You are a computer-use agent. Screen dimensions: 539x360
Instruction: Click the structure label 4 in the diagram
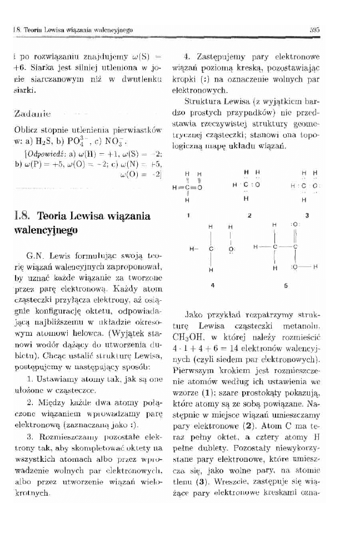211,285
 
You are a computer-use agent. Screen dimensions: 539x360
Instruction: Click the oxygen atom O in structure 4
230,249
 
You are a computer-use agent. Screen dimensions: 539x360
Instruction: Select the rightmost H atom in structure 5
315,267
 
